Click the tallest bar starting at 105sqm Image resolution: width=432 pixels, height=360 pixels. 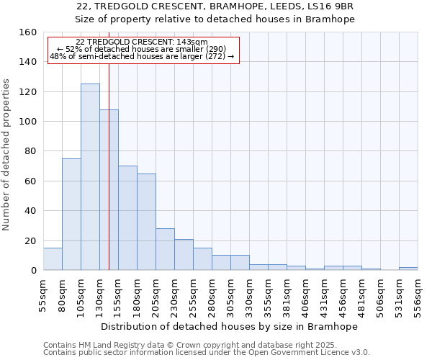pos(90,177)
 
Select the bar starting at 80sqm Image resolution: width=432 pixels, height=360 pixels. pos(71,215)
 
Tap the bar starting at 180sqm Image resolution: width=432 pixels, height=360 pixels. pos(146,222)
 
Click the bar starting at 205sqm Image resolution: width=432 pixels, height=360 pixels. pos(165,249)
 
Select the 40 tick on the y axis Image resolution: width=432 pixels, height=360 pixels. pos(32,211)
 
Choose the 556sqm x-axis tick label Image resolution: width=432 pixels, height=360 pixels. pos(418,294)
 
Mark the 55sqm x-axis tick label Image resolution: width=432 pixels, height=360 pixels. pos(43,294)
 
